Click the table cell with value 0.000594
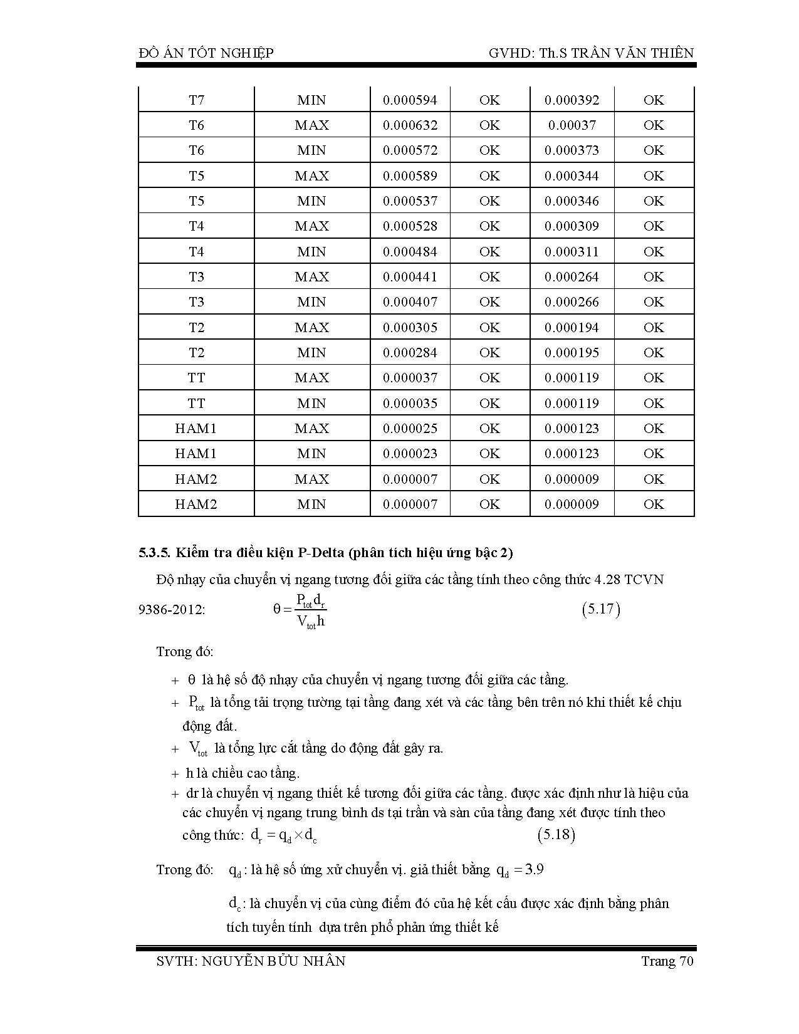point(410,100)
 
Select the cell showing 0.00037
point(572,125)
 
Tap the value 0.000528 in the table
point(410,226)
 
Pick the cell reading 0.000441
point(410,277)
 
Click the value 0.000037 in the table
point(410,378)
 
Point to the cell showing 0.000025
point(410,429)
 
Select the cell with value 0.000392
point(572,100)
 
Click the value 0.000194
point(572,328)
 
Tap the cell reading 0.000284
point(410,353)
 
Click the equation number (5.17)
point(601,609)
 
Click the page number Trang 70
point(667,961)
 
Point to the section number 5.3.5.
point(154,553)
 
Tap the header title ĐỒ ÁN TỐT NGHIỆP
point(206,53)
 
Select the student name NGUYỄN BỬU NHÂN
point(274,961)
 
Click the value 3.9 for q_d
point(534,870)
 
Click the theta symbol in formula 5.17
point(278,609)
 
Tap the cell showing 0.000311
point(572,252)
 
